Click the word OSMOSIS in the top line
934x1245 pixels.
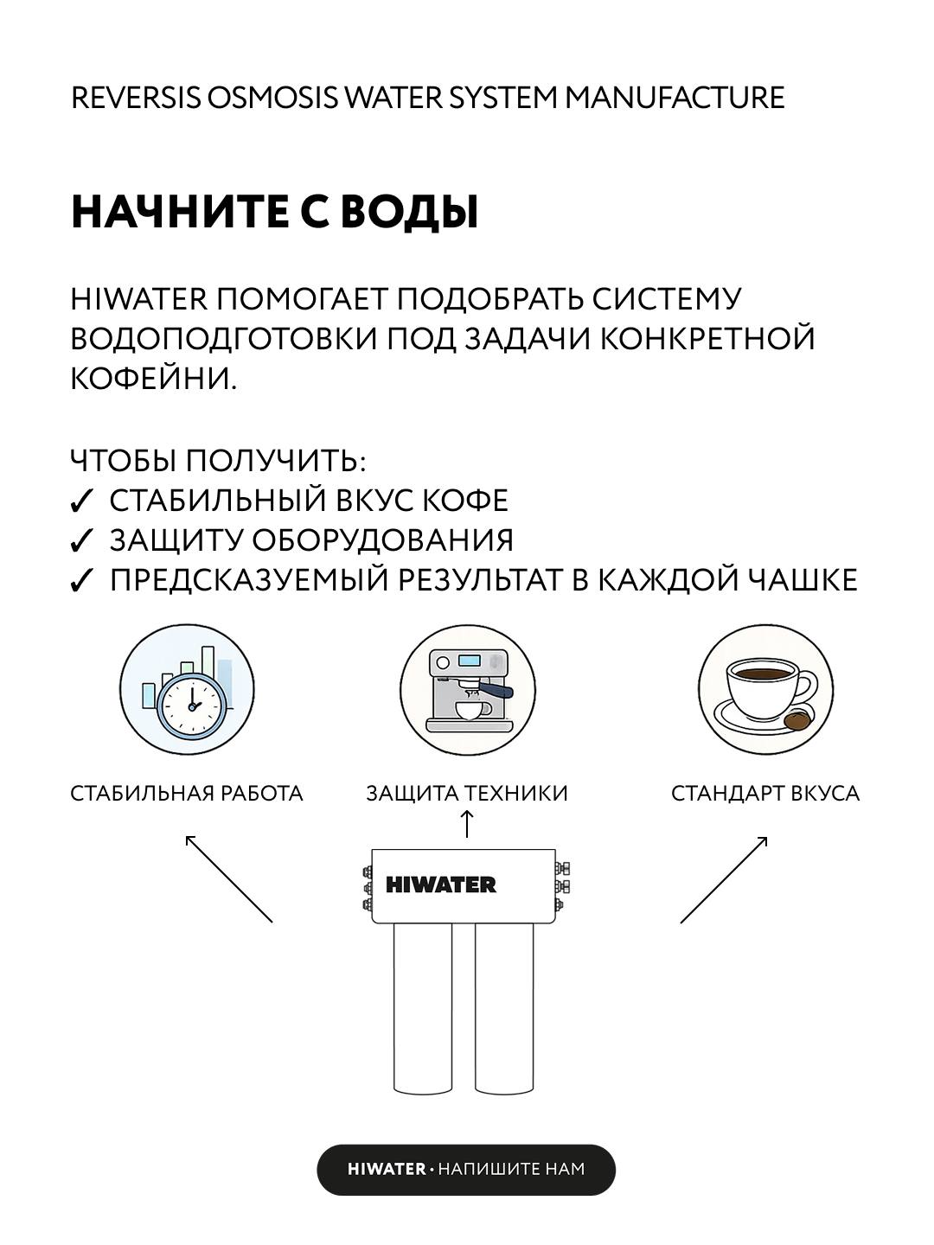point(272,98)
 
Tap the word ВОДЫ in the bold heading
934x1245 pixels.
point(410,212)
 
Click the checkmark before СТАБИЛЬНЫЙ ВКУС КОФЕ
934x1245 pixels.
point(80,501)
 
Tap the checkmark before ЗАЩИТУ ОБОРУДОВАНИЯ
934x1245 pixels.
point(80,541)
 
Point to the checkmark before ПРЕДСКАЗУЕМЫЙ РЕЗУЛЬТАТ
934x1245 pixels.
point(80,581)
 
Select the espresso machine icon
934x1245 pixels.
point(469,690)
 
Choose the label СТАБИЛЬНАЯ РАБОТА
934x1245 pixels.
point(187,794)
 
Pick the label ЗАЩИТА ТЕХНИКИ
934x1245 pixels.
point(467,794)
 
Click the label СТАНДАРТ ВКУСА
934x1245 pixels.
point(765,794)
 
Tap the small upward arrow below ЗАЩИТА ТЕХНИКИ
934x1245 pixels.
point(466,824)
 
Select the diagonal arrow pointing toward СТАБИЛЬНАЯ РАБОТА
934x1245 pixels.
point(229,878)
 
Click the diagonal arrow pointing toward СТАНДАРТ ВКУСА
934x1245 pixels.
point(724,880)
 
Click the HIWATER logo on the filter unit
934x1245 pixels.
point(441,884)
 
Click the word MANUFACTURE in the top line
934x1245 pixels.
point(675,98)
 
